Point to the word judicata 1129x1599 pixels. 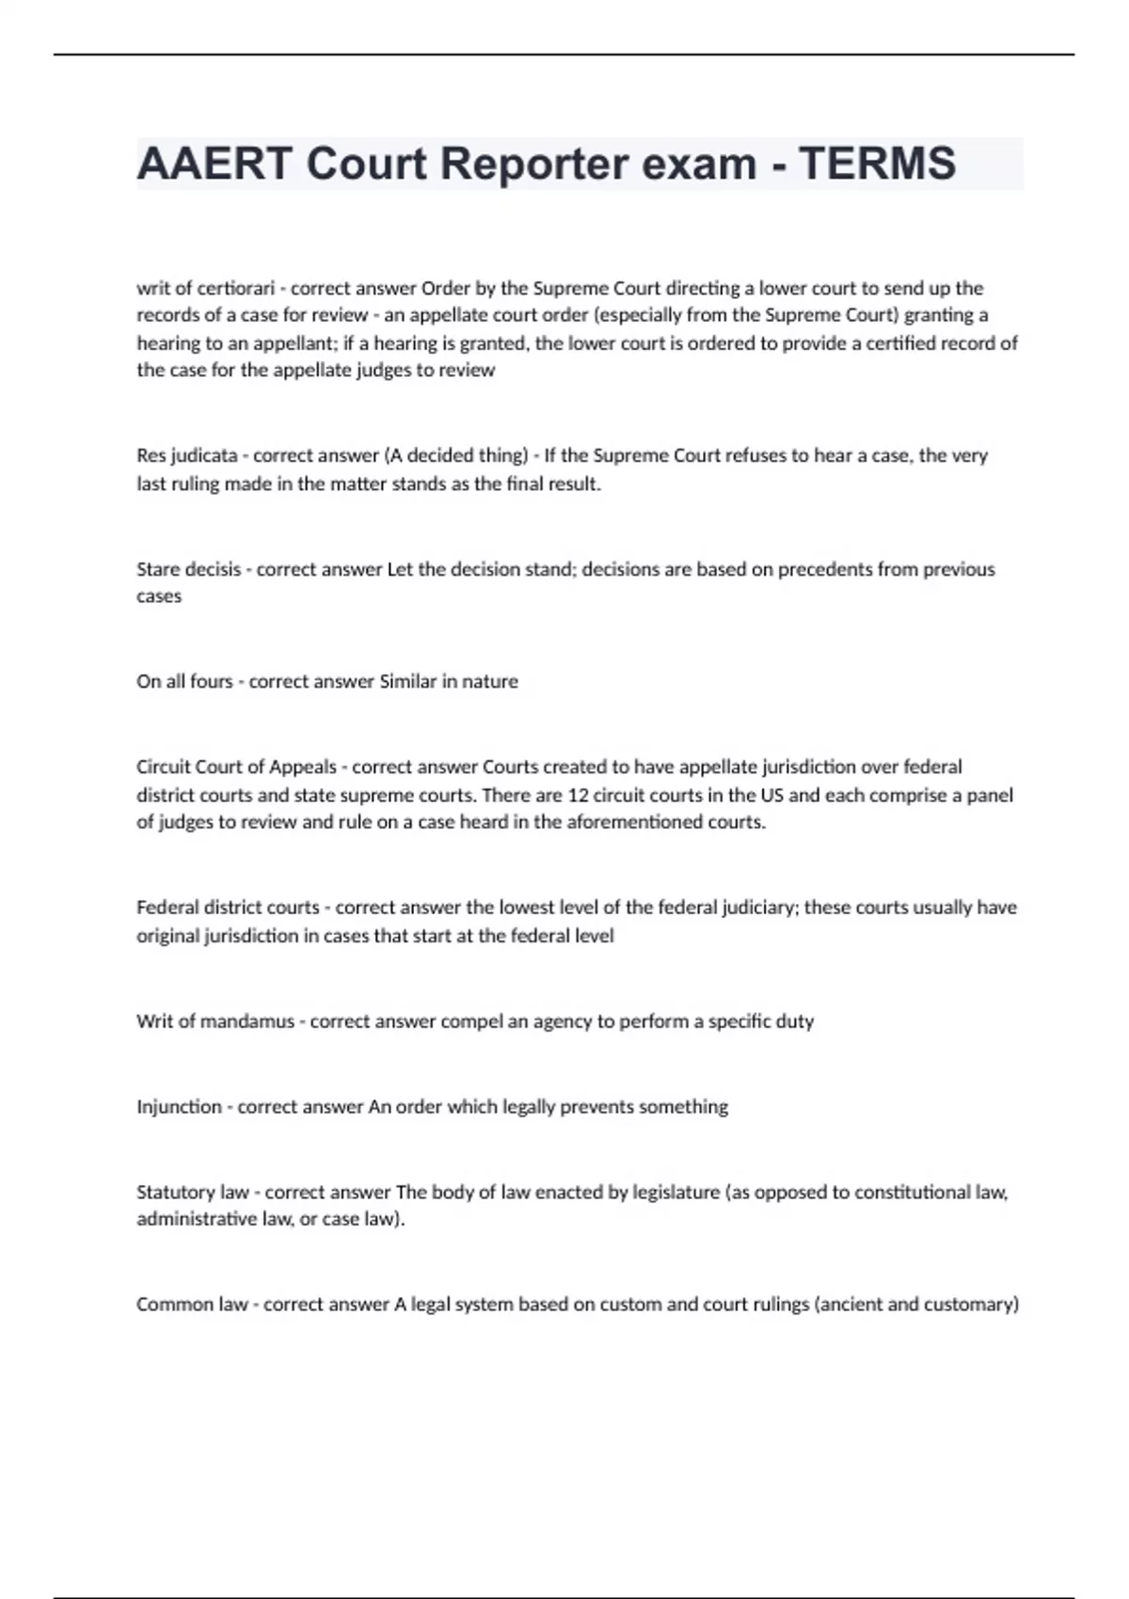204,455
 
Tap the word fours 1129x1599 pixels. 211,681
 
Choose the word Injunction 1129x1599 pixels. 179,1107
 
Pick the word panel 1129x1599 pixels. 990,795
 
